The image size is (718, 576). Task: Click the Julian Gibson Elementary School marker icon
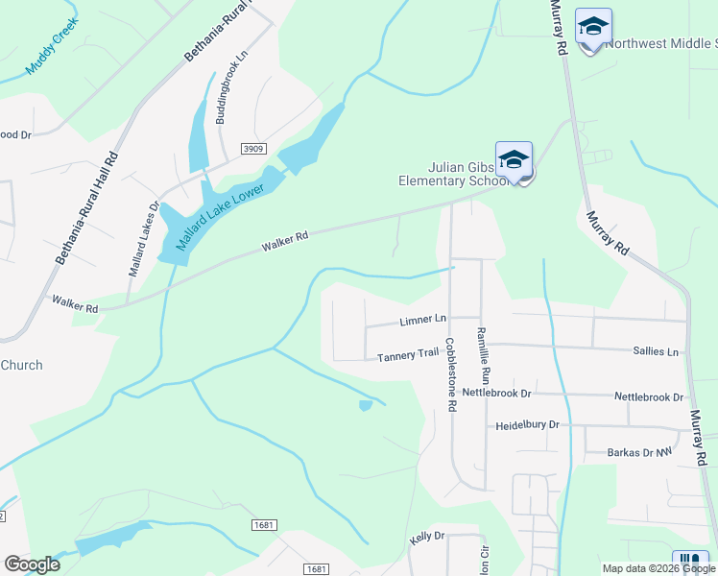tap(514, 161)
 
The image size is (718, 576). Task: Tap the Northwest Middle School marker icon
tap(593, 28)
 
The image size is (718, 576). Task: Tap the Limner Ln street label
tap(422, 319)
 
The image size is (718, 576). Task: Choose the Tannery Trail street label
tap(408, 355)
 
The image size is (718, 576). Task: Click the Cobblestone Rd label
tap(450, 367)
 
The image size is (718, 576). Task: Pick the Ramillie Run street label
tap(485, 356)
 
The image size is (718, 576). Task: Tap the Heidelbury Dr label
tap(527, 424)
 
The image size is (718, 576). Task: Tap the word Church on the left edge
tap(21, 365)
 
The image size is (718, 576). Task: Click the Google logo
tap(32, 564)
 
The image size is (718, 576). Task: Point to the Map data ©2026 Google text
tap(658, 568)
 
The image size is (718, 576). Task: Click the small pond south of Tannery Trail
tap(365, 406)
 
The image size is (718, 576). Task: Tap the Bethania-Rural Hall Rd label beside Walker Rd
tap(87, 207)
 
